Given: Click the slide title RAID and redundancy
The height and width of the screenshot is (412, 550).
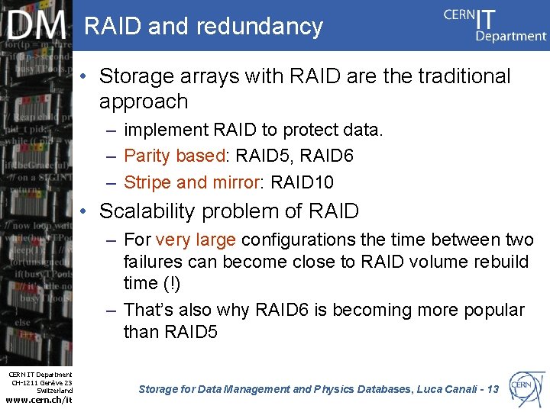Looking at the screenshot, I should tap(203, 26).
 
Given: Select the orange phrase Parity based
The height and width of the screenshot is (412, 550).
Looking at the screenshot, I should tap(174, 156).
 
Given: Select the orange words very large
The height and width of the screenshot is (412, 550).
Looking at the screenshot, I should tap(196, 240).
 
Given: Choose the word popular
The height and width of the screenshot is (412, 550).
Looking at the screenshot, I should tap(493, 310).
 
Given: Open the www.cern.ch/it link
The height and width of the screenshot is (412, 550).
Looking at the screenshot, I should tap(38, 401).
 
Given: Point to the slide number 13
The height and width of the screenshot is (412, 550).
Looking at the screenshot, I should tap(492, 389).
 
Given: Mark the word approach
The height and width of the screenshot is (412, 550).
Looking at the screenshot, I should tap(143, 101).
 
